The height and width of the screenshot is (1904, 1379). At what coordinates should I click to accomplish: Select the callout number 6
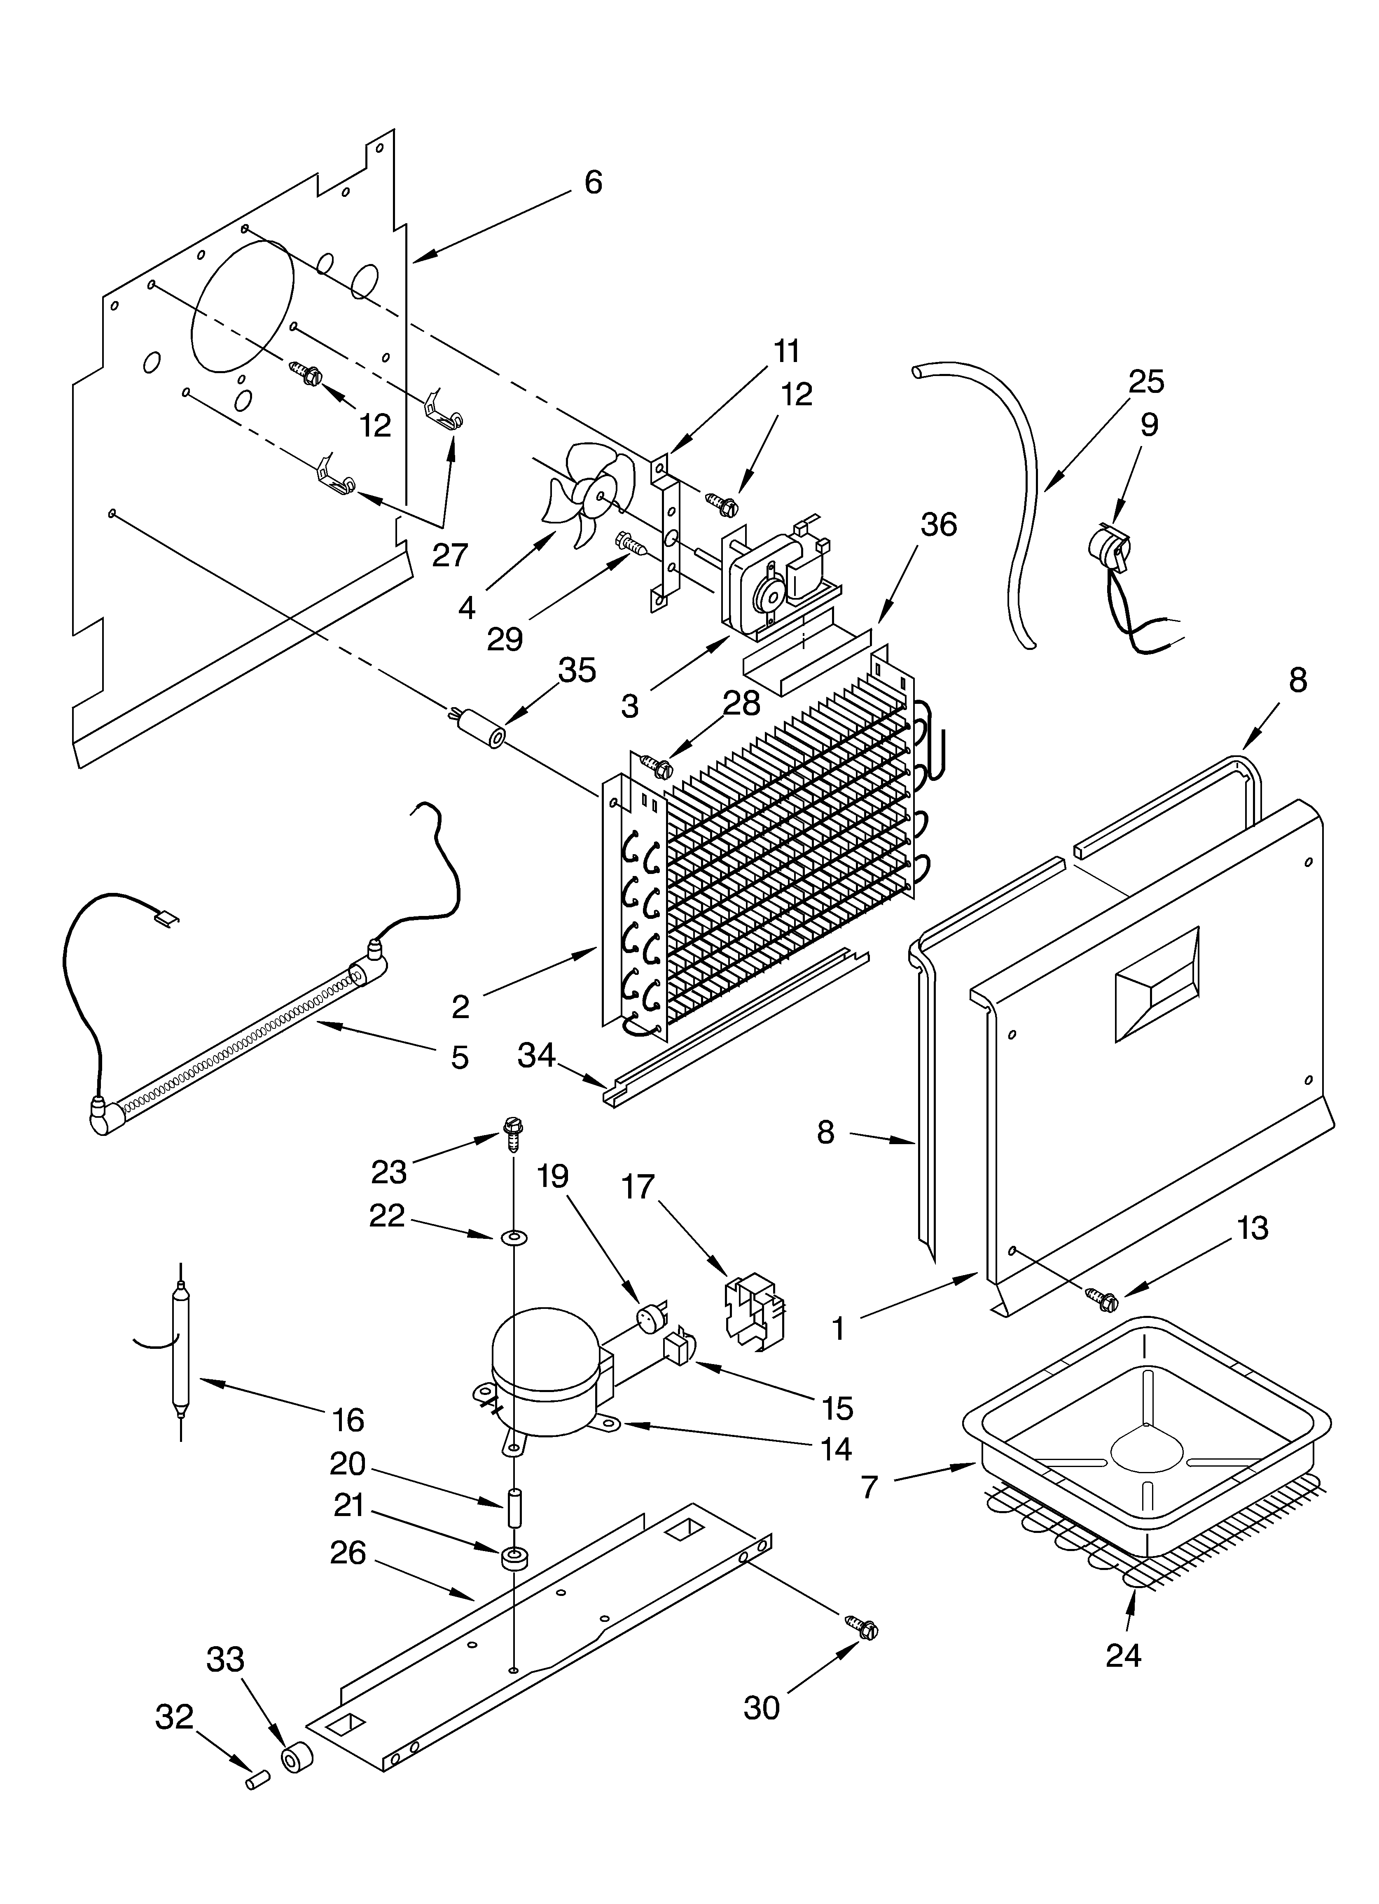pos(593,182)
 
